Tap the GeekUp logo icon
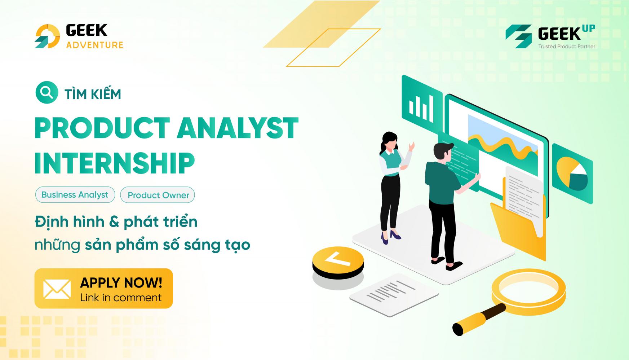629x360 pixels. [518, 36]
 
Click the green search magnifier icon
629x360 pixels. [46, 93]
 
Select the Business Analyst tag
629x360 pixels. [75, 195]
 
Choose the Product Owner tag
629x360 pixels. [158, 195]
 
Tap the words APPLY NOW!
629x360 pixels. [121, 283]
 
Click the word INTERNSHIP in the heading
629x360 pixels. [115, 163]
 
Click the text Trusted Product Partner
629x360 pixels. [567, 46]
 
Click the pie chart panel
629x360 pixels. [572, 174]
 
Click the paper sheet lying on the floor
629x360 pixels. [394, 294]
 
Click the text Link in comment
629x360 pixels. [121, 298]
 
